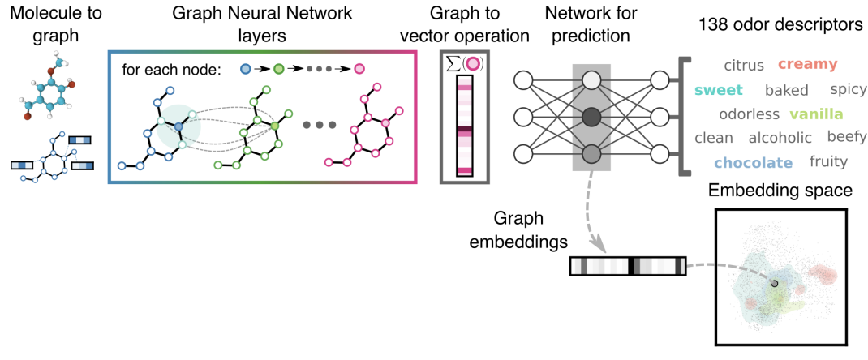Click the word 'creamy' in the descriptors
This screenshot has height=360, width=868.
point(808,64)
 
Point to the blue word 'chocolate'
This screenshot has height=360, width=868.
point(753,163)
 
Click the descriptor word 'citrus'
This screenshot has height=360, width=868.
point(744,65)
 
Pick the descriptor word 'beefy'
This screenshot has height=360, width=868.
point(847,137)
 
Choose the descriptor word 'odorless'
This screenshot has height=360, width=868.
point(749,114)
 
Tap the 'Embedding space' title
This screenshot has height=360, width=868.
point(780,192)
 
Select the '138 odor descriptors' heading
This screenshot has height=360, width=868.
point(780,25)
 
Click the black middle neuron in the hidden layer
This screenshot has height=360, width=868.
point(592,116)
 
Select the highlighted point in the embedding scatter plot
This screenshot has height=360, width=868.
point(775,283)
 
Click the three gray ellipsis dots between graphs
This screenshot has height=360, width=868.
point(319,126)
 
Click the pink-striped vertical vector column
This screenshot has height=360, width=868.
point(464,125)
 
